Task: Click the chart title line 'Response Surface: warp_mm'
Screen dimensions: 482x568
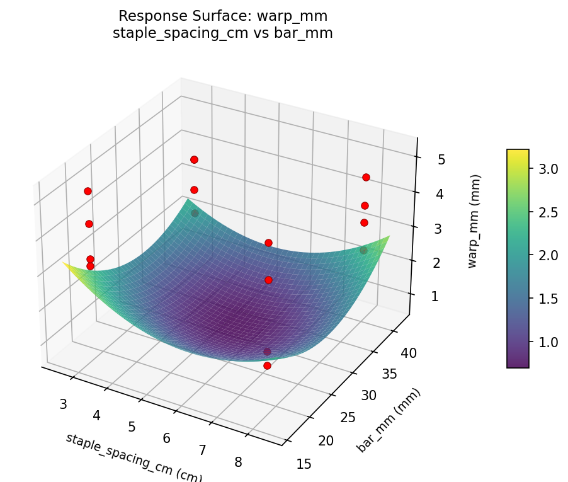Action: point(222,16)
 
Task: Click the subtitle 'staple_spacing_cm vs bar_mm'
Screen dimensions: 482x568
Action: point(222,34)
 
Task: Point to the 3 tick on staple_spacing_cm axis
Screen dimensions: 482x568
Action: point(63,404)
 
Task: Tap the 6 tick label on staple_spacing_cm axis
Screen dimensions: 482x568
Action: point(167,438)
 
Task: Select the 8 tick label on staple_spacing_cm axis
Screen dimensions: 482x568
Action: point(238,462)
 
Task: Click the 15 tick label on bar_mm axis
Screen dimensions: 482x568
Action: point(303,464)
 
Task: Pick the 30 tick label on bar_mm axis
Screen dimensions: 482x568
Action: point(368,395)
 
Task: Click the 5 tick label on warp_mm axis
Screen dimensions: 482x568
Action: point(441,160)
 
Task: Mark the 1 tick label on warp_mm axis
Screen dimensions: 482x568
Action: point(434,297)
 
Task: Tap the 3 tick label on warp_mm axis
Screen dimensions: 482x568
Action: point(438,229)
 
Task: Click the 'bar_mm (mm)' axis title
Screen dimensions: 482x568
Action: point(389,420)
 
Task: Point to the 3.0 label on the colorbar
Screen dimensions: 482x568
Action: point(548,169)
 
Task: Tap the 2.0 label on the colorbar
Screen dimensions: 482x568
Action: point(548,255)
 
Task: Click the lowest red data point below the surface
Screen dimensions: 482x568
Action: point(267,365)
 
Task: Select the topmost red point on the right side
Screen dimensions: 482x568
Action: point(366,177)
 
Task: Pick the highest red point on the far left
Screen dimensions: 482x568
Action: point(88,191)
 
